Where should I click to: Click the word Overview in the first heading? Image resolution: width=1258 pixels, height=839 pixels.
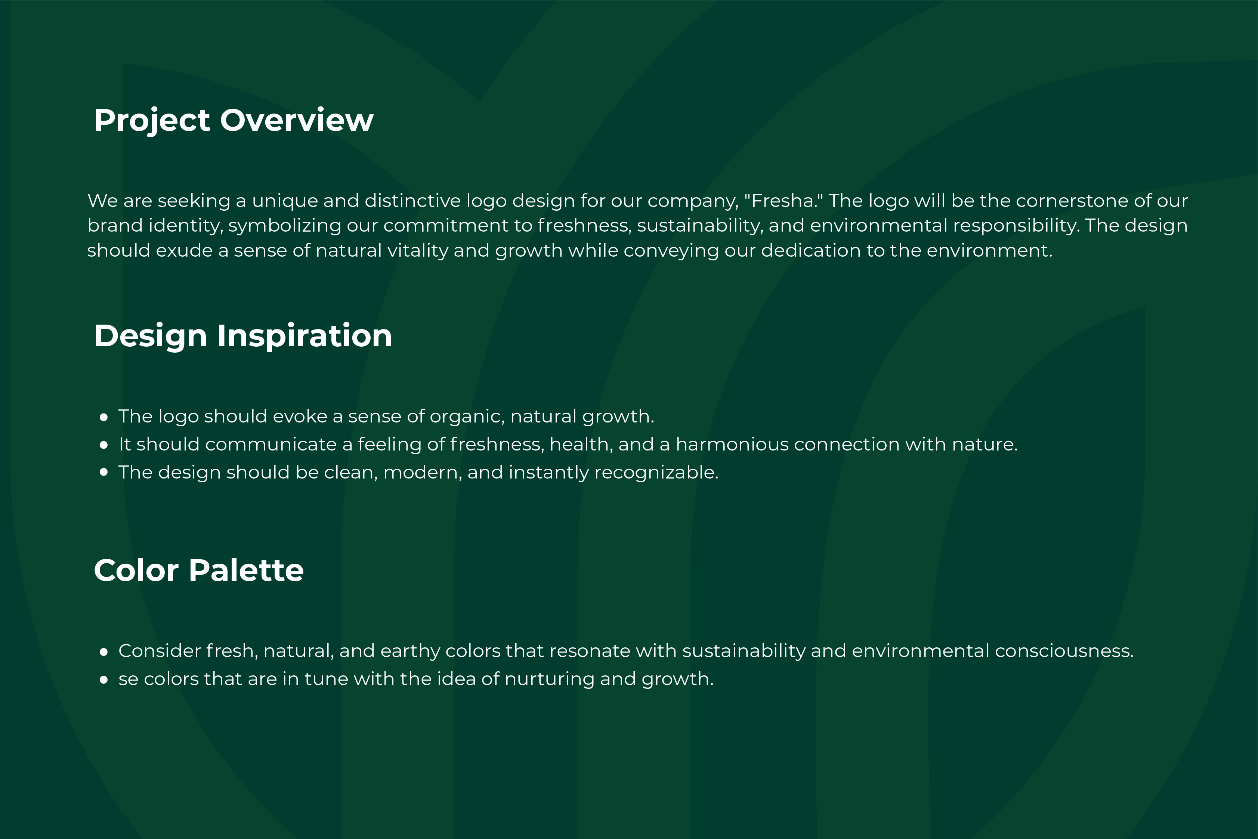(297, 120)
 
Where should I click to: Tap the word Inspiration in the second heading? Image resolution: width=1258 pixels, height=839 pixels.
(305, 337)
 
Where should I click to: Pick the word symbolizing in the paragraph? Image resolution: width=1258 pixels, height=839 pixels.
(285, 226)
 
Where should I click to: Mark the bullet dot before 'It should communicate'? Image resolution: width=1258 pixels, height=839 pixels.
(104, 445)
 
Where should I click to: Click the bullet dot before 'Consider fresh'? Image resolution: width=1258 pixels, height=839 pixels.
(104, 652)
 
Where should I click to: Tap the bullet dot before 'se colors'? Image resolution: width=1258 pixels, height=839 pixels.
(104, 679)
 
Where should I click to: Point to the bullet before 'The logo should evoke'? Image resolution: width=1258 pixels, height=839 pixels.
(104, 417)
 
